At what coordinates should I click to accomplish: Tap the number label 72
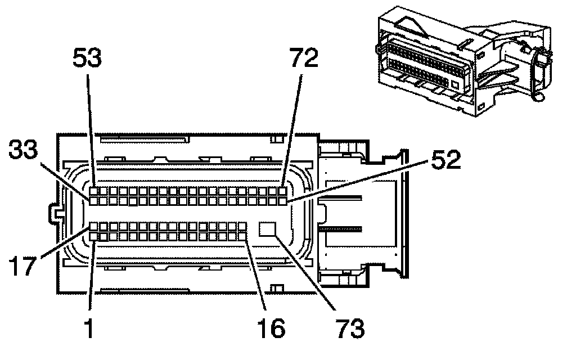tap(304, 57)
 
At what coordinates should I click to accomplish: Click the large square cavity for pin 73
tap(268, 229)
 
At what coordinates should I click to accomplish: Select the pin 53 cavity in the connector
tap(94, 191)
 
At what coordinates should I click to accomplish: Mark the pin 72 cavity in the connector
tap(283, 191)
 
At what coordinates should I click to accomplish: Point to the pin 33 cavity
tap(94, 200)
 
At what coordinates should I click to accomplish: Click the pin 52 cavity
tap(283, 200)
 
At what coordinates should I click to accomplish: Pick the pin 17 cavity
tap(94, 226)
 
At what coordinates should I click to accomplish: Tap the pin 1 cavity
tap(94, 236)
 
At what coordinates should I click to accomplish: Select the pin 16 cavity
tap(243, 236)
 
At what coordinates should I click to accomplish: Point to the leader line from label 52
tap(360, 180)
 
